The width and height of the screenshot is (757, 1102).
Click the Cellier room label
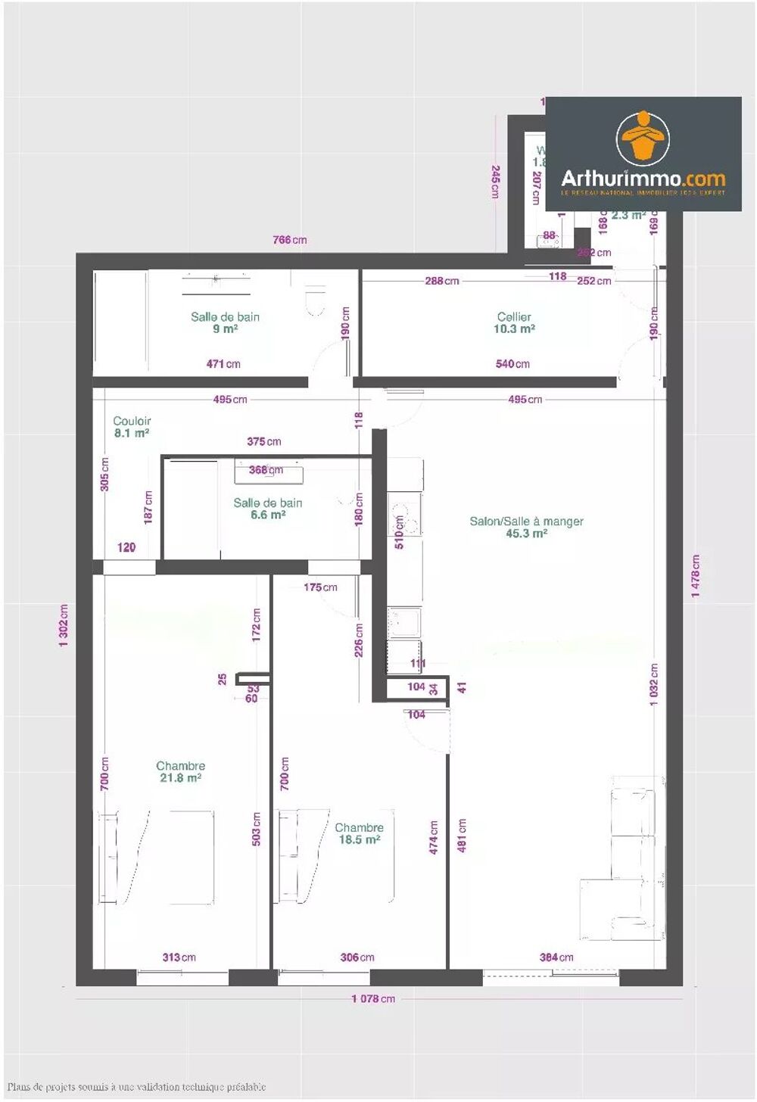(514, 317)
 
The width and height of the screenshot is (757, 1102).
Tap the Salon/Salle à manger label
(526, 521)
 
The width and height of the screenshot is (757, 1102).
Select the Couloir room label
(132, 421)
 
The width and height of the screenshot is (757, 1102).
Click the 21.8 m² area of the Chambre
(180, 778)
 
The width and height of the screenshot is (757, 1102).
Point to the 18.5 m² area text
(359, 840)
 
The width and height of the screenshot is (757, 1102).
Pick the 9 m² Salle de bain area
(225, 329)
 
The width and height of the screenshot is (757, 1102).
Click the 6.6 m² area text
(267, 515)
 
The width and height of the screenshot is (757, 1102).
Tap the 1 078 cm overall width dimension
(372, 999)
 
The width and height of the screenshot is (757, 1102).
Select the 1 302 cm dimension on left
(64, 625)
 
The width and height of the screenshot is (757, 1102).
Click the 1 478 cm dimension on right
(695, 576)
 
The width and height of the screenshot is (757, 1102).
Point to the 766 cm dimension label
(289, 240)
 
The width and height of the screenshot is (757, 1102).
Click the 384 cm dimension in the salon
(556, 957)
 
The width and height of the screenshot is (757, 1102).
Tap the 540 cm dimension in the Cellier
(512, 364)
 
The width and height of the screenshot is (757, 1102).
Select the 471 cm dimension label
(223, 364)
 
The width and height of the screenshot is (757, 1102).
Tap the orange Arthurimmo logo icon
(643, 139)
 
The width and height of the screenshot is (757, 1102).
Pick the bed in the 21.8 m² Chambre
(163, 857)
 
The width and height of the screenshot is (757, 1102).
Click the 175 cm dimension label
(320, 587)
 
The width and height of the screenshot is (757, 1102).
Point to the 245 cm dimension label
(495, 182)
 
